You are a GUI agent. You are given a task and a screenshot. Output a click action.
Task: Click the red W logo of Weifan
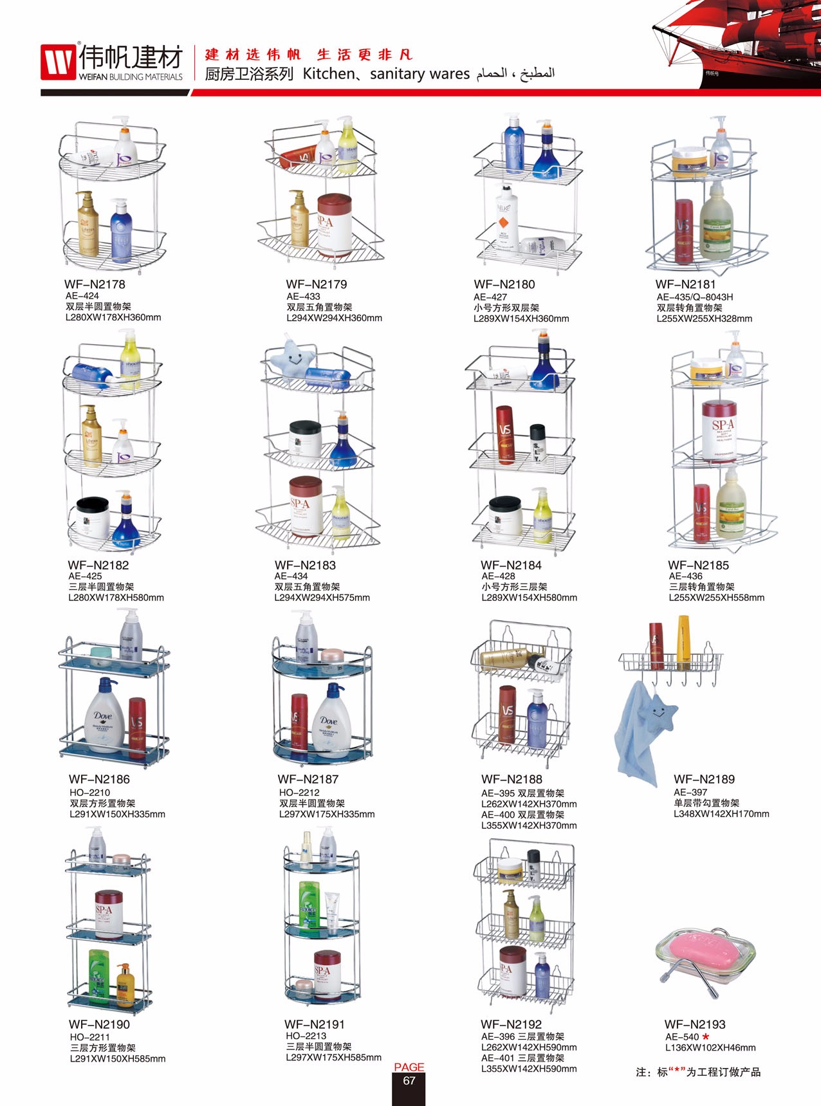point(59,62)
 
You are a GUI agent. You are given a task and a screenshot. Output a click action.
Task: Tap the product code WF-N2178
point(95,284)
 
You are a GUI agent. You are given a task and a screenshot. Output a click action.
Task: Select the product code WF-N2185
point(698,566)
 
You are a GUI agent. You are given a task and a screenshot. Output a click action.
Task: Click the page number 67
point(409,1081)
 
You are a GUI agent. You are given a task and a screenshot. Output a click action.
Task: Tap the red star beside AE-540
point(706,1037)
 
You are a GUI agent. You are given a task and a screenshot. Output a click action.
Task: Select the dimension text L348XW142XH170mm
point(721,814)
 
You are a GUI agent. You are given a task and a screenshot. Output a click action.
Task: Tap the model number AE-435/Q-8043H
point(695,297)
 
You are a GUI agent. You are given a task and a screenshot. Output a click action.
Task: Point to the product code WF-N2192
point(511,1024)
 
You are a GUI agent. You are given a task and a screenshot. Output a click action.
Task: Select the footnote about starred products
point(698,1072)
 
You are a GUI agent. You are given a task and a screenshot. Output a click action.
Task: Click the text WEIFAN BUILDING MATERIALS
point(131,77)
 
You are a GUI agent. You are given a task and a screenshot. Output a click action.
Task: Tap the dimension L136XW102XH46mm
point(710,1047)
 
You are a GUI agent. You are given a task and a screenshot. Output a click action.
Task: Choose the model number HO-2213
point(306,1036)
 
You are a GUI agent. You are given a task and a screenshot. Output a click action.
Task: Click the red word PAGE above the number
point(409,1067)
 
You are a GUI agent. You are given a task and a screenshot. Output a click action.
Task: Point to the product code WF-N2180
point(504,284)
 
